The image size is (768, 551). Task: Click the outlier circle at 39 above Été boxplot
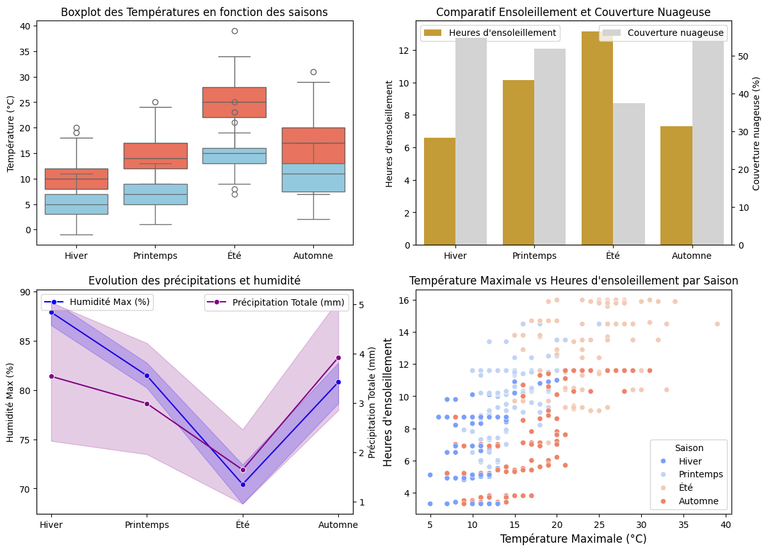234,31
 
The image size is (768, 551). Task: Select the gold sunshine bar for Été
597,138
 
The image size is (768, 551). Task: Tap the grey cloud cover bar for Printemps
550,146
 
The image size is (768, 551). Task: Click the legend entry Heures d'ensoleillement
490,33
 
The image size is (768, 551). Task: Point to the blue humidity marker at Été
243,484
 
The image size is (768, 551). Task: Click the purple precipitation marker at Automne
338,358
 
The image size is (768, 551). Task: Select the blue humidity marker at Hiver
51,312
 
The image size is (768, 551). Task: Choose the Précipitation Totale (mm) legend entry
275,302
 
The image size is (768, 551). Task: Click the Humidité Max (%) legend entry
97,302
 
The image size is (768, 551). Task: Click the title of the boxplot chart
194,12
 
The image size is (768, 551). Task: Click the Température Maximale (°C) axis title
573,539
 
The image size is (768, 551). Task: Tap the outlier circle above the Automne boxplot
314,72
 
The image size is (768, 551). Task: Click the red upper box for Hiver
76,179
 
